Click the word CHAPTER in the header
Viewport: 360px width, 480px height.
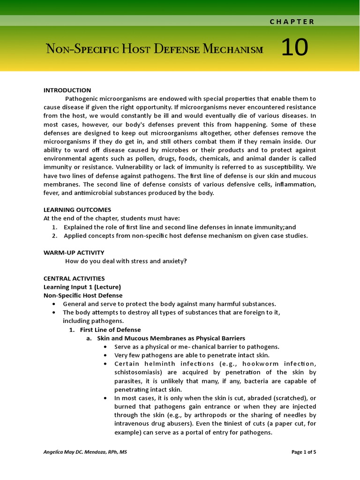(292, 22)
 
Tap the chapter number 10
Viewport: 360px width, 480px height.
(294, 48)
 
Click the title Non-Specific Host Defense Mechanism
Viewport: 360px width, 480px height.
(154, 49)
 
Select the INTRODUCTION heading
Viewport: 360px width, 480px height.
(67, 90)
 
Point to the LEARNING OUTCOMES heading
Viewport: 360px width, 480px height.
(77, 210)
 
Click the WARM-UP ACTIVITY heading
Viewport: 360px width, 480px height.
(74, 253)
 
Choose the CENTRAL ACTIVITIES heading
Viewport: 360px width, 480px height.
(74, 278)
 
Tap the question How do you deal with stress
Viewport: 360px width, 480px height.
(126, 261)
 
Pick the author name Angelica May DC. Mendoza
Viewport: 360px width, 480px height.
(85, 452)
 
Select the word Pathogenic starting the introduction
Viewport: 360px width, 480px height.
(82, 99)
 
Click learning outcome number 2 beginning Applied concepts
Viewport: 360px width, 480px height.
(186, 236)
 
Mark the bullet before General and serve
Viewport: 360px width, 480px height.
(55, 304)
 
